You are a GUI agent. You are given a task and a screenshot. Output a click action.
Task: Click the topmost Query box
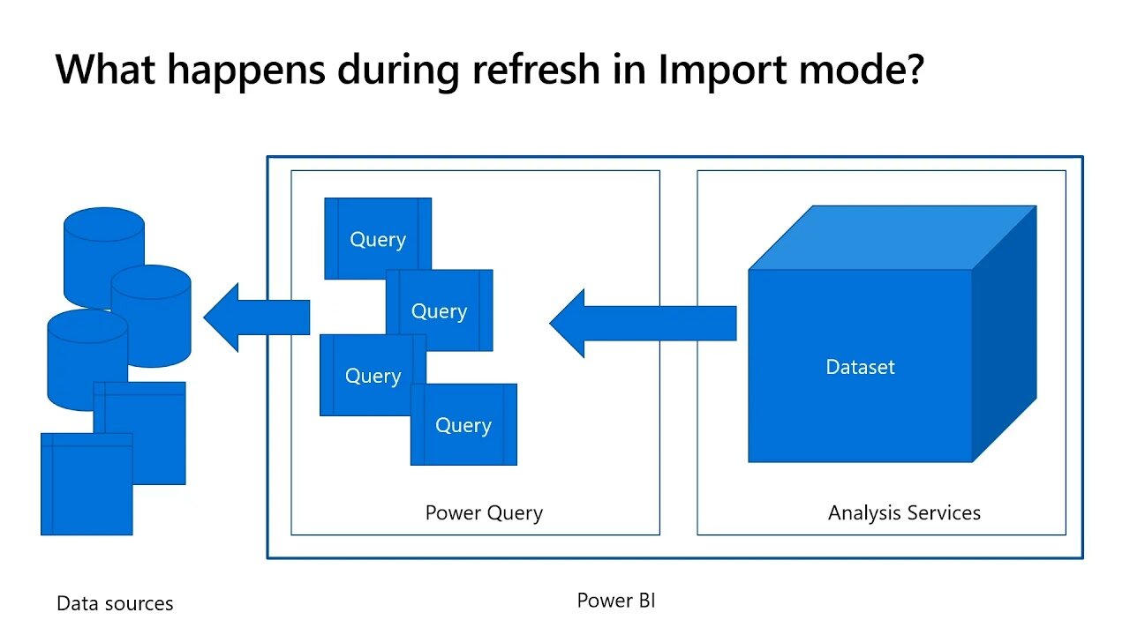coord(378,238)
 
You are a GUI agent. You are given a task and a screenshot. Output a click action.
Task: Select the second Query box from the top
coord(439,310)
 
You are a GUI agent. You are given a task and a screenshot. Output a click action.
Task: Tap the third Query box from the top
coord(373,376)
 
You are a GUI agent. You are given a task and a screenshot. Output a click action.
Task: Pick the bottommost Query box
coord(463,425)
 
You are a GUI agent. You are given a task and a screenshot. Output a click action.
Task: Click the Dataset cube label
coord(860,367)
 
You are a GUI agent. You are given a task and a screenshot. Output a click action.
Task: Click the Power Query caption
coord(484,512)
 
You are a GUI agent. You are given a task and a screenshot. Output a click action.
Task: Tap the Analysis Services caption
coord(904,512)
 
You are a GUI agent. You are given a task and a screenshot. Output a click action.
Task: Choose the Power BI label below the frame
coord(616,601)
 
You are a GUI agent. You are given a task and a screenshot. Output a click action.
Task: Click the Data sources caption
coord(115,603)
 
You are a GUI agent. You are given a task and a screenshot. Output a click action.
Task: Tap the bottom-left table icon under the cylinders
coord(87,485)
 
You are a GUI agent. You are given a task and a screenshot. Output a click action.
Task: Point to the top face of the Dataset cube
coord(892,236)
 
